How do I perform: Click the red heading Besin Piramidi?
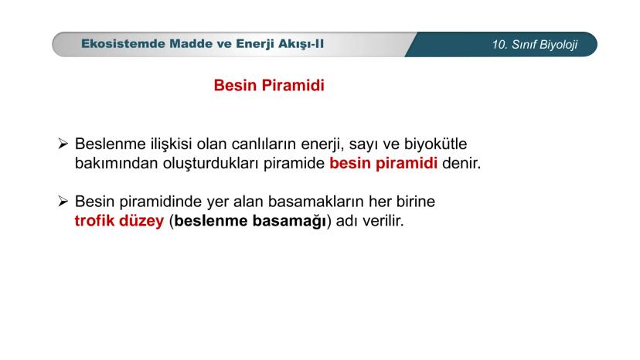pos(269,85)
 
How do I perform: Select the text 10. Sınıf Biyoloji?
pos(535,45)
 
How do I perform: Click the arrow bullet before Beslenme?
pos(63,144)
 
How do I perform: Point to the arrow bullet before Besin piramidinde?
pos(63,201)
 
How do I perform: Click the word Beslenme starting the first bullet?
pos(111,144)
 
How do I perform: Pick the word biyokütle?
pos(435,144)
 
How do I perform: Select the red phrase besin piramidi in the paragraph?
pos(383,163)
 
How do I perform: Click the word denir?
pos(461,163)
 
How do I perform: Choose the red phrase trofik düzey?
pos(119,221)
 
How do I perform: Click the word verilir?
pos(383,221)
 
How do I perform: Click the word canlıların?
pos(264,144)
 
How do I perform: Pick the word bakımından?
pos(116,163)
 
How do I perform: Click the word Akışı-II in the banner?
pos(301,44)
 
